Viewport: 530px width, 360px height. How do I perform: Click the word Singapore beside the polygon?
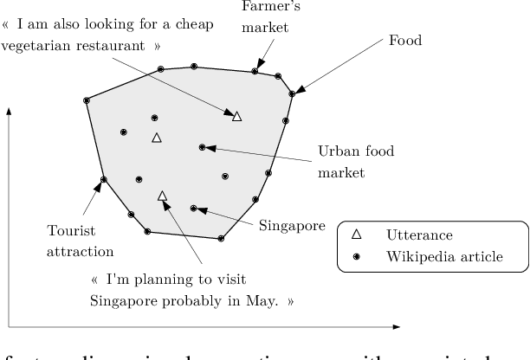[292, 226]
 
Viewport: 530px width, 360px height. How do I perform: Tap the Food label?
[404, 40]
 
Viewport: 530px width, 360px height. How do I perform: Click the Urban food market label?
[355, 162]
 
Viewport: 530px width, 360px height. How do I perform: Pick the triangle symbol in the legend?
[356, 235]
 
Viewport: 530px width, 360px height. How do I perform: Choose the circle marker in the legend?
[356, 257]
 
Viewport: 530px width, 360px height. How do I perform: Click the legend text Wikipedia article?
[444, 257]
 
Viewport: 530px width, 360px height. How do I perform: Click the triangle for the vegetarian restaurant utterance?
[237, 115]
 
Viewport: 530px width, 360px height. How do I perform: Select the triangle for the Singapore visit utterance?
[162, 196]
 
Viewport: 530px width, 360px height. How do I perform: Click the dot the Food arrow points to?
[293, 93]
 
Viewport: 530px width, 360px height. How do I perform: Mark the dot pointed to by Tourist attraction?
[104, 180]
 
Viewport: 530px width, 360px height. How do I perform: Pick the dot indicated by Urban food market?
[202, 147]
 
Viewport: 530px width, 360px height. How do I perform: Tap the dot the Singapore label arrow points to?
[194, 208]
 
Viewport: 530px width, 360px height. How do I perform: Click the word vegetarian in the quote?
[40, 46]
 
